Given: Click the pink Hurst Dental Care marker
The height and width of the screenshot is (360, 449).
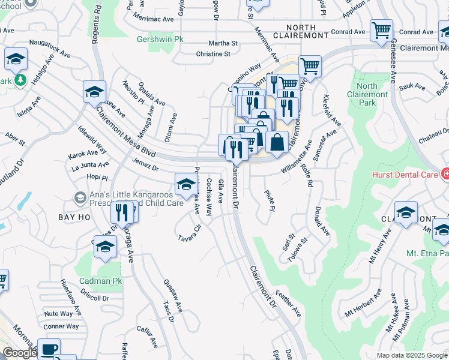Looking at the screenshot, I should tap(445, 174).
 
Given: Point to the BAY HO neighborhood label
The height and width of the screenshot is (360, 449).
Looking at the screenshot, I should tap(74, 217).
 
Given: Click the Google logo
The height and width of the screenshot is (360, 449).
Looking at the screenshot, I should tap(20, 353).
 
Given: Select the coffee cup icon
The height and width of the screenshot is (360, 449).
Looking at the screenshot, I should tap(49, 349).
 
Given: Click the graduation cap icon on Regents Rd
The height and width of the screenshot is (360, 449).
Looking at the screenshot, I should tap(94, 92).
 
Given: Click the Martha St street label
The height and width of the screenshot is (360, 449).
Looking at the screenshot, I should tap(223, 43).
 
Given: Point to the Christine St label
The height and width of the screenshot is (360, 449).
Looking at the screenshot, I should tap(213, 54).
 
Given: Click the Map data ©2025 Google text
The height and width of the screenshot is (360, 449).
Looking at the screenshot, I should tap(412, 355).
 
